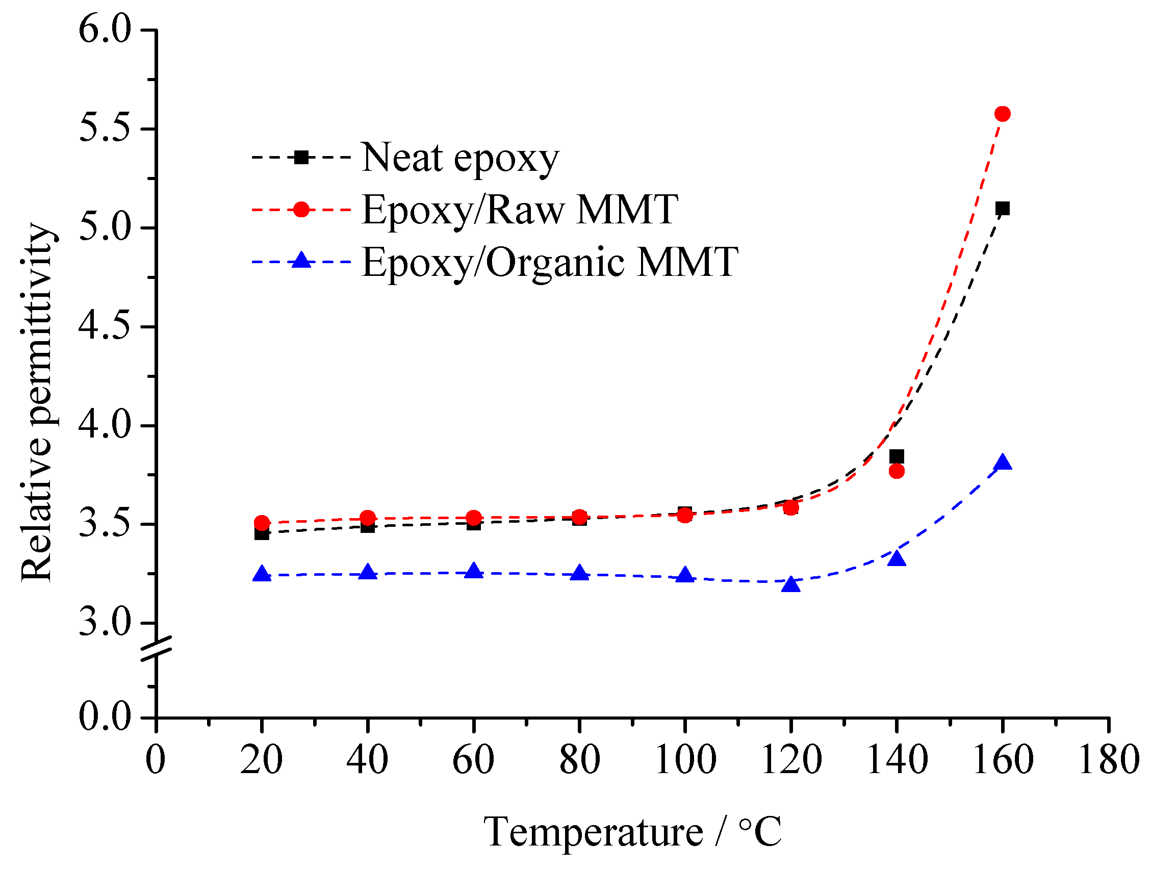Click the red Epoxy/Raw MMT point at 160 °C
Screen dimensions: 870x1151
pos(1002,113)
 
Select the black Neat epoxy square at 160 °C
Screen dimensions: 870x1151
pos(1002,209)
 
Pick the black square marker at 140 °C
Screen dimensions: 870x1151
pos(897,456)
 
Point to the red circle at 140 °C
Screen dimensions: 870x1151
pos(897,471)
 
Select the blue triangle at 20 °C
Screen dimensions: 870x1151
pos(262,574)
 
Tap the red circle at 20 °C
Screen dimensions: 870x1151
pos(262,522)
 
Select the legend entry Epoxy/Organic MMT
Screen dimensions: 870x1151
pos(549,262)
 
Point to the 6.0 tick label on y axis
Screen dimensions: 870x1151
pos(104,30)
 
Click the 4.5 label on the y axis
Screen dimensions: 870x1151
pos(104,327)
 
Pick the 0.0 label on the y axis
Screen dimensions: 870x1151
pos(104,717)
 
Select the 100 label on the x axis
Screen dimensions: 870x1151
pos(685,759)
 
